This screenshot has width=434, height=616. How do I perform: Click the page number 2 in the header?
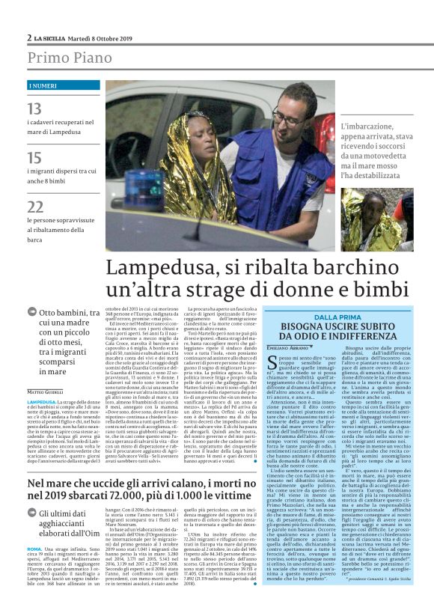pyautogui.click(x=29, y=38)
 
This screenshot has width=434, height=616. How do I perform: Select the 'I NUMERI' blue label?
pyautogui.click(x=42, y=87)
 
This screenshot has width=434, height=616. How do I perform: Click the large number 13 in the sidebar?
pyautogui.click(x=35, y=110)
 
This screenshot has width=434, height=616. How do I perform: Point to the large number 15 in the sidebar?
pyautogui.click(x=35, y=158)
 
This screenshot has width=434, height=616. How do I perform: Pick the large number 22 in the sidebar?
pyautogui.click(x=35, y=207)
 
